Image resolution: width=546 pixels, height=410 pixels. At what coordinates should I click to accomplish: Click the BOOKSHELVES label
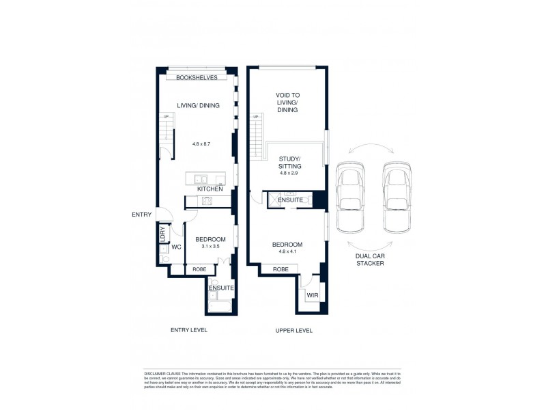click(197, 78)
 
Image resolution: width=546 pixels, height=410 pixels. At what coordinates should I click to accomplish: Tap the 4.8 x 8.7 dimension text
click(202, 145)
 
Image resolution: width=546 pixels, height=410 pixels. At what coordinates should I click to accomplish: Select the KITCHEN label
click(210, 189)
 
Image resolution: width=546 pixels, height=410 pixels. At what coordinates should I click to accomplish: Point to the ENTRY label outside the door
click(141, 215)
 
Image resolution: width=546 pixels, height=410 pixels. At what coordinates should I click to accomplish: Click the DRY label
click(162, 234)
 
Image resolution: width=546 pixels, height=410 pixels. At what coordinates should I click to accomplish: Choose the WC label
click(175, 247)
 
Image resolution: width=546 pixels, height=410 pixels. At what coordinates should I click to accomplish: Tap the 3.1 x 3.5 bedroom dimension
click(207, 247)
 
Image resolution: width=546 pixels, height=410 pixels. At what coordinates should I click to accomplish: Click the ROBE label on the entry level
click(199, 269)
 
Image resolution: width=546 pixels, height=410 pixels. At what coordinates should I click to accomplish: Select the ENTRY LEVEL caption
click(188, 330)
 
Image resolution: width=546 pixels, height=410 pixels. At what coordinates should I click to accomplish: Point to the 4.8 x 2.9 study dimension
click(290, 174)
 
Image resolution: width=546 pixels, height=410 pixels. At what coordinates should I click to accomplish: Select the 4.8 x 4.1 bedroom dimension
click(287, 252)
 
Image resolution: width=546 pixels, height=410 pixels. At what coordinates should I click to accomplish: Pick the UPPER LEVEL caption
click(293, 330)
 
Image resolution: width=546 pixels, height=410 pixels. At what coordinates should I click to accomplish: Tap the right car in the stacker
click(397, 196)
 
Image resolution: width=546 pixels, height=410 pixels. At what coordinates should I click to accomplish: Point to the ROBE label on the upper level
click(280, 269)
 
